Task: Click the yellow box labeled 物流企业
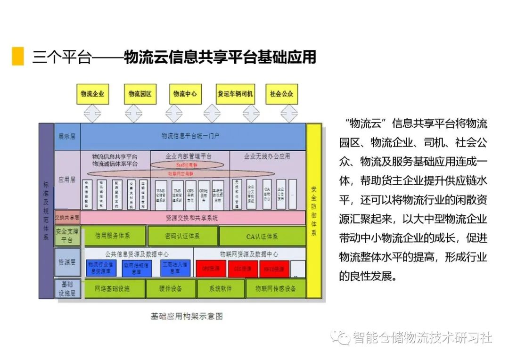(92, 94)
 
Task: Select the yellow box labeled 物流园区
(140, 94)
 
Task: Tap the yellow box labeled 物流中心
(185, 94)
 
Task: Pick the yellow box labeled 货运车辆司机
(235, 94)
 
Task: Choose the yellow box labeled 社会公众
(281, 94)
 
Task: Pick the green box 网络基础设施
(112, 288)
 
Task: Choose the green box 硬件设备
(170, 288)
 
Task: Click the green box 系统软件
(221, 288)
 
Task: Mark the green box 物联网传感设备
(276, 288)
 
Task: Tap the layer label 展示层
(67, 136)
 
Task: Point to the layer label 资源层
(67, 262)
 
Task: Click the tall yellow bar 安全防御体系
(314, 211)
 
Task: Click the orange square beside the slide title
(18, 56)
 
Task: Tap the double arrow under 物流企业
(92, 114)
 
